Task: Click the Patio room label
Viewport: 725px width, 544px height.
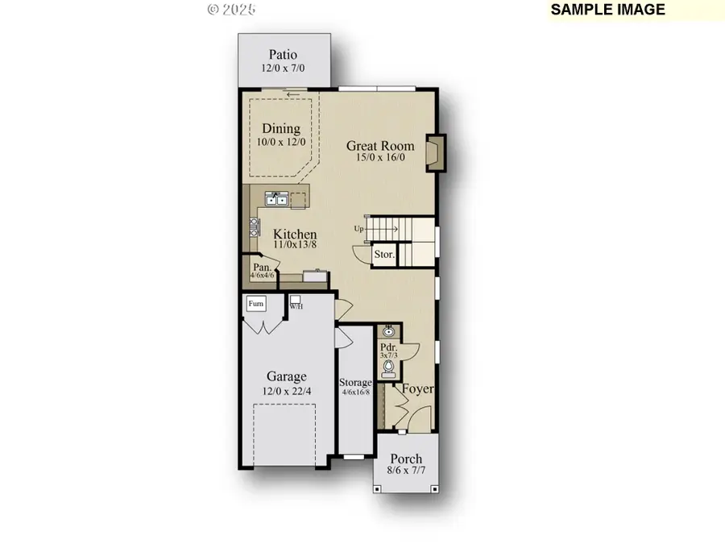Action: point(284,55)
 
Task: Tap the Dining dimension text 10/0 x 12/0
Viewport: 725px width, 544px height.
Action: point(280,142)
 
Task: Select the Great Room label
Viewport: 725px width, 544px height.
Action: point(380,146)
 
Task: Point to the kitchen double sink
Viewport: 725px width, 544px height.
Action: point(276,198)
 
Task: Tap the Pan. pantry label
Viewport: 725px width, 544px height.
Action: point(262,267)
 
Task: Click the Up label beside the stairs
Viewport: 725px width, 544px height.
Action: point(358,229)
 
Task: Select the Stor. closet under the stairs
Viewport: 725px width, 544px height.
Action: point(384,255)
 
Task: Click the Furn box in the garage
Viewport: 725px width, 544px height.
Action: point(255,304)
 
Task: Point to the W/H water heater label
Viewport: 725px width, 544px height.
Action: point(296,305)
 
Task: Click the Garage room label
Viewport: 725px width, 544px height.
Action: point(287,376)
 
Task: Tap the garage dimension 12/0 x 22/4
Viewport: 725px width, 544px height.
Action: point(287,391)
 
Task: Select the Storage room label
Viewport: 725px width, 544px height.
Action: point(355,382)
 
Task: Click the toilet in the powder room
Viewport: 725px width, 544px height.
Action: point(388,368)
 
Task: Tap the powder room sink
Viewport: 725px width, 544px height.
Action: point(388,331)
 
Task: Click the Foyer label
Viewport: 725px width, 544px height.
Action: point(418,389)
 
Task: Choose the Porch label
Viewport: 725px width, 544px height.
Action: point(406,459)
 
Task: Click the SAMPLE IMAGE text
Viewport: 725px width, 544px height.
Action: point(608,10)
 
